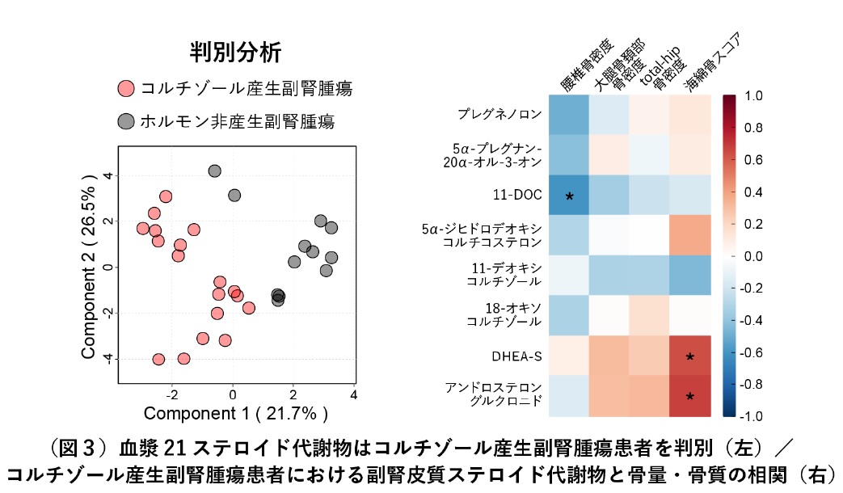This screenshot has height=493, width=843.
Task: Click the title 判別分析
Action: pyautogui.click(x=235, y=53)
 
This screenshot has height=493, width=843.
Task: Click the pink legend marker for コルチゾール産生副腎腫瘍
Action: pyautogui.click(x=125, y=88)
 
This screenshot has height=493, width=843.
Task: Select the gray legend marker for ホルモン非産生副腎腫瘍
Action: pyautogui.click(x=125, y=121)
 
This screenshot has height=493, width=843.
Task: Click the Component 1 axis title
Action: pyautogui.click(x=235, y=415)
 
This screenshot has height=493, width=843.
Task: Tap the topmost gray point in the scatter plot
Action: pyautogui.click(x=214, y=171)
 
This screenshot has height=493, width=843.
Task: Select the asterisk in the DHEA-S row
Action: pyautogui.click(x=690, y=357)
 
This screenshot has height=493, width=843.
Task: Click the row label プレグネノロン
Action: pyautogui.click(x=499, y=114)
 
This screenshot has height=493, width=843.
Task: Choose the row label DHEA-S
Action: pyautogui.click(x=516, y=355)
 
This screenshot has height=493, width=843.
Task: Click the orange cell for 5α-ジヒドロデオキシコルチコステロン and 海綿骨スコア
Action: pyautogui.click(x=690, y=235)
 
